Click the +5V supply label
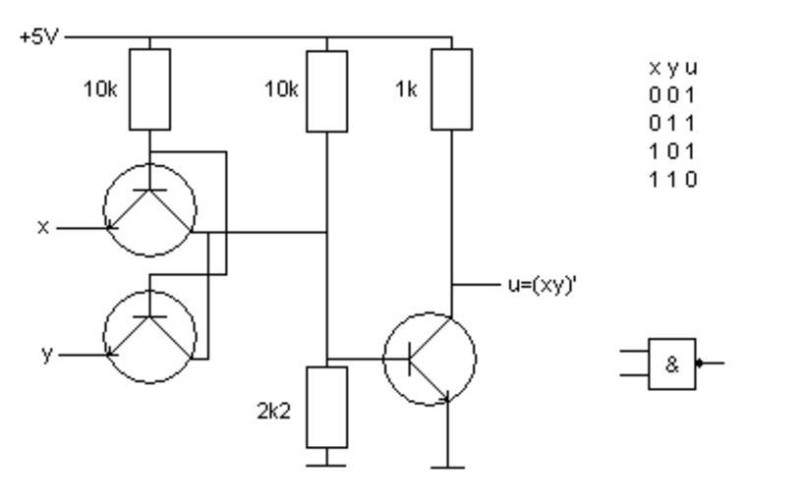pyautogui.click(x=36, y=38)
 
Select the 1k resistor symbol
pyautogui.click(x=451, y=89)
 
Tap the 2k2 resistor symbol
pyautogui.click(x=326, y=407)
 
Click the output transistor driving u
pyautogui.click(x=429, y=360)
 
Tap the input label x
pyautogui.click(x=43, y=227)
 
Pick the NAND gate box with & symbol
pyautogui.click(x=672, y=363)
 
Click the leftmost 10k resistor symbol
pyautogui.click(x=149, y=89)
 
